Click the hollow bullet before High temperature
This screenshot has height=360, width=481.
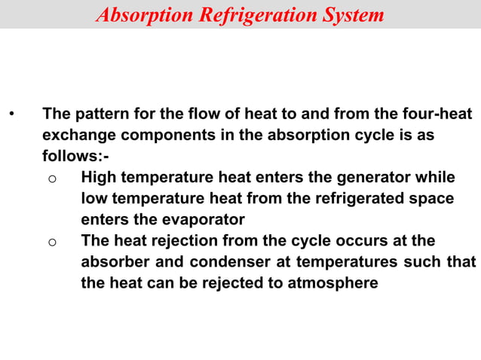point(51,179)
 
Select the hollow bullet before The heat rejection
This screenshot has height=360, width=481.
point(51,243)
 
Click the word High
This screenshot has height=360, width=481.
point(99,178)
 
